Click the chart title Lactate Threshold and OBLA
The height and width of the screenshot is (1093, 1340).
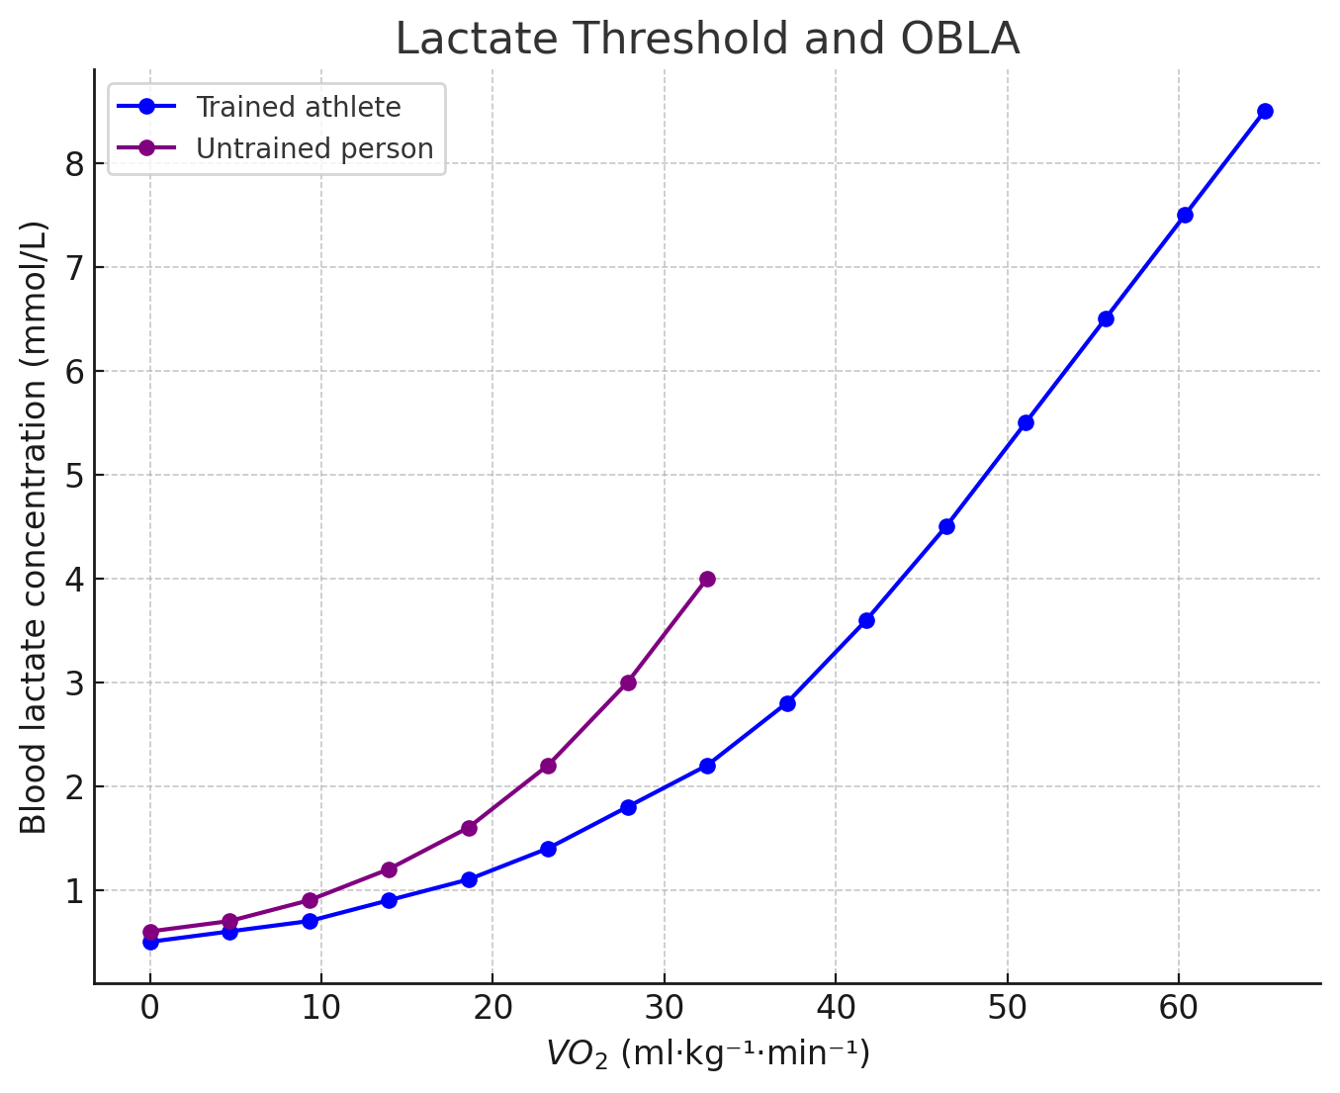point(707,40)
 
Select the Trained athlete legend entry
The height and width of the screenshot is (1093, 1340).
point(298,107)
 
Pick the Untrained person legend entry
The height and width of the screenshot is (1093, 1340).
point(313,148)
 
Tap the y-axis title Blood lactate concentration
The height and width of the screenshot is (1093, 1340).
point(35,526)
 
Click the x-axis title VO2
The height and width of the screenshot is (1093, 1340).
point(707,1054)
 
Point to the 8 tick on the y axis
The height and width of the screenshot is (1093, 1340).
point(76,164)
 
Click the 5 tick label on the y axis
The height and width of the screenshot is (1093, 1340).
point(76,476)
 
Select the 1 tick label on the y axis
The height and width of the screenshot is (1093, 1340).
point(76,891)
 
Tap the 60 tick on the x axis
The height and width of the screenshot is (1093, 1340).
point(1179,1008)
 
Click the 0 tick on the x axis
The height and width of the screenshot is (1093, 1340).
point(150,1008)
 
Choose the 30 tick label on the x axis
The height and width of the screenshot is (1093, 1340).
point(664,1008)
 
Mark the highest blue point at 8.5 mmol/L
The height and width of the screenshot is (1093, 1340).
point(1265,111)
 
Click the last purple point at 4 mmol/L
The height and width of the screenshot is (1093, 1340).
point(707,579)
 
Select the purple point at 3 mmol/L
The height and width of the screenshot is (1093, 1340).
point(628,683)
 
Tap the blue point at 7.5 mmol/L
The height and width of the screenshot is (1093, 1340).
point(1185,215)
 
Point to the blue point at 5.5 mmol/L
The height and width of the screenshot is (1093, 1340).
point(1026,422)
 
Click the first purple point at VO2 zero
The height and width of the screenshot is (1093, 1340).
point(150,932)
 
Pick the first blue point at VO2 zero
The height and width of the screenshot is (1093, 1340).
point(150,943)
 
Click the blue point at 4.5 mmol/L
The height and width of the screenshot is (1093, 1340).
point(946,526)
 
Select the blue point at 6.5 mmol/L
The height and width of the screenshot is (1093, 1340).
point(1106,319)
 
